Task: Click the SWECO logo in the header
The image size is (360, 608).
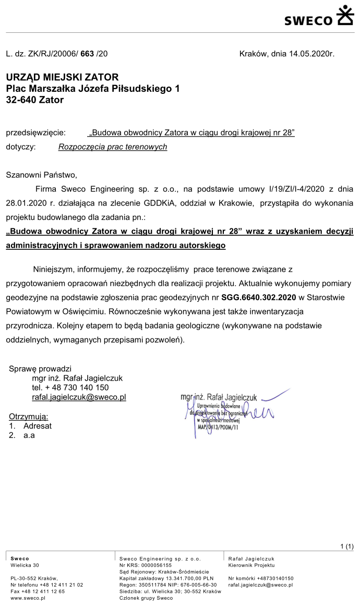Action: click(x=318, y=16)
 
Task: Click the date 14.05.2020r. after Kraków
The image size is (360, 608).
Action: click(x=311, y=54)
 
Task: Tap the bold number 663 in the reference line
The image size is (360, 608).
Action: click(x=87, y=54)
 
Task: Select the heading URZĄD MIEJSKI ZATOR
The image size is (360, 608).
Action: click(x=62, y=78)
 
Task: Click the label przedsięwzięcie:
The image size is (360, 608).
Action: click(x=35, y=133)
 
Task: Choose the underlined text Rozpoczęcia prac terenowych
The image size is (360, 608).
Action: click(x=113, y=147)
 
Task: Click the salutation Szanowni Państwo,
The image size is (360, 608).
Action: click(x=41, y=175)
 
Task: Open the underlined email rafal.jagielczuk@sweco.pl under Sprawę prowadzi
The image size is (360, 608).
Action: click(x=79, y=397)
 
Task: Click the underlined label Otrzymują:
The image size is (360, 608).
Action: click(x=29, y=416)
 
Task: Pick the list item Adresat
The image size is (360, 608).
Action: click(x=38, y=425)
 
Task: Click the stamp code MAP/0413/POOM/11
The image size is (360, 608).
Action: click(x=218, y=426)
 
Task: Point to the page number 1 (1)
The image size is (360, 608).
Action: click(x=346, y=546)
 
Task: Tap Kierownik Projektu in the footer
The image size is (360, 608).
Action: click(x=251, y=565)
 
